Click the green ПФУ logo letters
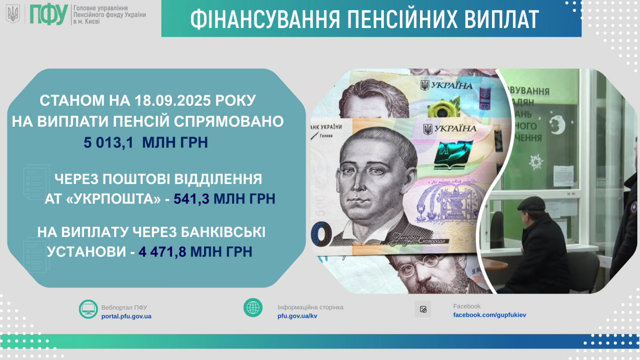pos(49,14)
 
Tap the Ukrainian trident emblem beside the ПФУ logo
pos(13,14)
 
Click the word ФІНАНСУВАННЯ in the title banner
pos(265,20)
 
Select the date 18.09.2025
pos(172,100)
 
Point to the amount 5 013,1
pos(108,142)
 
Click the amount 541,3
pos(192,199)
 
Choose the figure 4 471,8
pos(162,252)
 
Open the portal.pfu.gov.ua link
pos(126,316)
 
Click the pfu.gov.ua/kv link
pos(297,316)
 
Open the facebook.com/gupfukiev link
pos(489,315)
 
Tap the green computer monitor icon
pos(88,309)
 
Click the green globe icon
pos(253,308)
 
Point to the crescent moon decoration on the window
pos(557,125)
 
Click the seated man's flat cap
pos(532,204)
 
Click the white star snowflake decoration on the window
pos(536,162)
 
